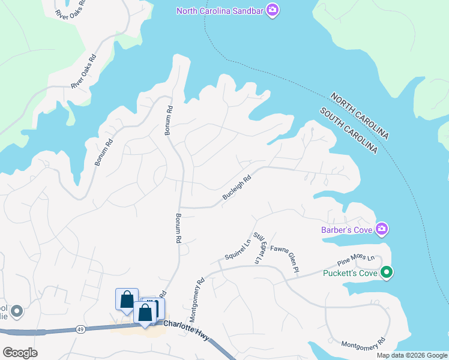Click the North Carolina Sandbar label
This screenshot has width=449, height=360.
click(x=220, y=10)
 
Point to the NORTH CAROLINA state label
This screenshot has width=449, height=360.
click(x=359, y=116)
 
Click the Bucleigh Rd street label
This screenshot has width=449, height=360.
click(x=236, y=188)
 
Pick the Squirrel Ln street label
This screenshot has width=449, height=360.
click(x=238, y=250)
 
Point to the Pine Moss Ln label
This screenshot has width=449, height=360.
click(x=355, y=260)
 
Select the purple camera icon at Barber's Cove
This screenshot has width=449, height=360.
click(x=382, y=229)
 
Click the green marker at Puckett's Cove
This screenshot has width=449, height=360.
click(x=388, y=273)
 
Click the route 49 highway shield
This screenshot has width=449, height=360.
click(x=80, y=328)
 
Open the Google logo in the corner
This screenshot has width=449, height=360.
click(x=20, y=352)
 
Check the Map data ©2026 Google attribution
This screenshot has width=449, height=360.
click(x=411, y=355)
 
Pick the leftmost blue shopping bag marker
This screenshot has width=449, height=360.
click(x=127, y=299)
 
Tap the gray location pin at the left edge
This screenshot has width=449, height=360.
click(x=16, y=311)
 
